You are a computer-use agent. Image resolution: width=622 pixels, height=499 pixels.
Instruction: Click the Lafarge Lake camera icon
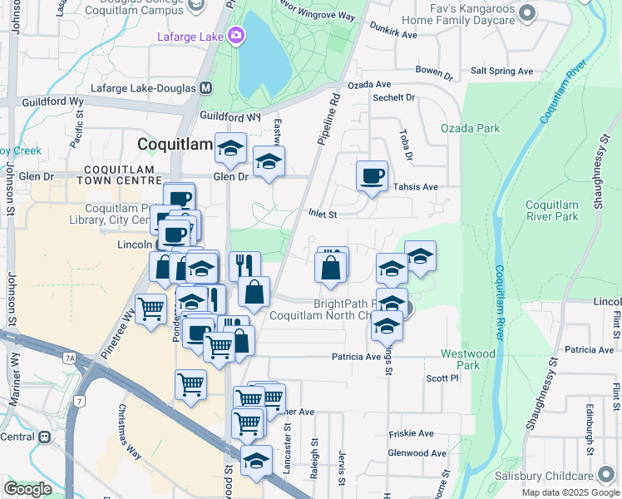[236, 35]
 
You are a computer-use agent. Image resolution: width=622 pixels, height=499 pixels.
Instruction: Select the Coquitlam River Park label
[552, 210]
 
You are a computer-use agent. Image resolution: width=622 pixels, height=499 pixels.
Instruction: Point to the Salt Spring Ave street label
[501, 72]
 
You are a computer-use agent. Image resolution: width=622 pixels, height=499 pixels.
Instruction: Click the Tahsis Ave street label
[415, 187]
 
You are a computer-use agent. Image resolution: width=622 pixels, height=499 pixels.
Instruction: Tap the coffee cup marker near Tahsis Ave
[372, 176]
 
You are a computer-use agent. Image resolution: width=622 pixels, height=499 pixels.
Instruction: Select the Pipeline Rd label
[328, 121]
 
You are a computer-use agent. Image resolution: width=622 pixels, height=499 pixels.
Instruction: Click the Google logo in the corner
[27, 489]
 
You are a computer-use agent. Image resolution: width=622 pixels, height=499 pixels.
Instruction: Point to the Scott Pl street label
[442, 378]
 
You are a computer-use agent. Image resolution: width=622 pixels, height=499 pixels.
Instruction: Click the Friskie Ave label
[412, 434]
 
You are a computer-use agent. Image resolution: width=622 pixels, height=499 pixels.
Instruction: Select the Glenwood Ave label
[417, 453]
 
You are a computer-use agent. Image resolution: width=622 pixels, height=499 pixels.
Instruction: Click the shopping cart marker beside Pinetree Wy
[151, 309]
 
